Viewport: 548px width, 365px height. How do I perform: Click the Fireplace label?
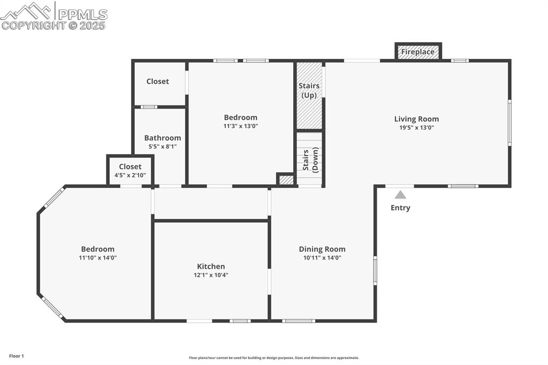417,52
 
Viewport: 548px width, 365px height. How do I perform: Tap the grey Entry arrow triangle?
400,195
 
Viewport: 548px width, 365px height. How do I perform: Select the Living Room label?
416,119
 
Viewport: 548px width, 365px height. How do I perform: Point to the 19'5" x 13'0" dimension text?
416,127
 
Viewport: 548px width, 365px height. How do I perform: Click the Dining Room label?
322,249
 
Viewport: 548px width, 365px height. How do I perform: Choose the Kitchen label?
211,266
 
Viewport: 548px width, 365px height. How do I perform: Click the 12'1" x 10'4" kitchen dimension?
211,275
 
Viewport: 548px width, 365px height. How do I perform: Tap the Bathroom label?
163,138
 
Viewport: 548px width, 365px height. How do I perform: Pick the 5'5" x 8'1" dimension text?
163,147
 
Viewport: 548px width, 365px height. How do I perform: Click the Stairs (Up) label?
309,90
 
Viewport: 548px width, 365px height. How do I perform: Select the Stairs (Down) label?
310,160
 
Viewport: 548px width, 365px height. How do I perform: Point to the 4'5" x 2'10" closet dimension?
130,176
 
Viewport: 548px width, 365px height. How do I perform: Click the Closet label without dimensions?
158,81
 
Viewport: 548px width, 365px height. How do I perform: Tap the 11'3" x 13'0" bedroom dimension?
240,126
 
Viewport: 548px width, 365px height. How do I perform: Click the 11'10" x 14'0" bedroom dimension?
98,258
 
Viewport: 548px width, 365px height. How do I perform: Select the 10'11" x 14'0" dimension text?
322,258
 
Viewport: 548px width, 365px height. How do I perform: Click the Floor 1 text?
17,356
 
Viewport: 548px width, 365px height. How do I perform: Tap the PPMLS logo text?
83,14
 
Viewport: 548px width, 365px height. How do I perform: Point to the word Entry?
400,208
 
